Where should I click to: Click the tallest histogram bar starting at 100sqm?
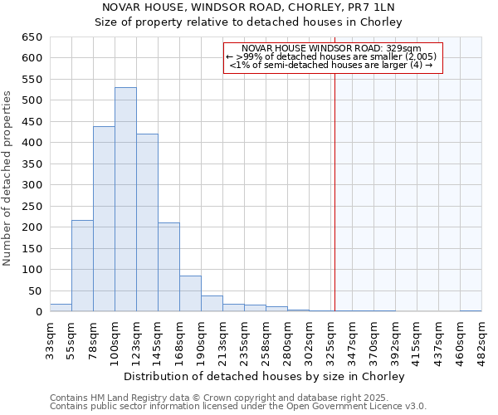click(125, 199)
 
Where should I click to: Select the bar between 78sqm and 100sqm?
click(104, 219)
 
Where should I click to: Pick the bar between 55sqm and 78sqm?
click(82, 266)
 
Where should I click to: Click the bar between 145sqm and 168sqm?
click(168, 267)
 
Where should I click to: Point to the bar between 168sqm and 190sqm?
click(190, 294)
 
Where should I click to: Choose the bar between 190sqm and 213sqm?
click(212, 304)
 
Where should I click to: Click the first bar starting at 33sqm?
click(61, 308)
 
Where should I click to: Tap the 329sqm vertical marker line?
click(334, 207)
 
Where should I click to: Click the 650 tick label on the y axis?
click(32, 37)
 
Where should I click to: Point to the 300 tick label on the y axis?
click(32, 185)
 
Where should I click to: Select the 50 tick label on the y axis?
click(35, 290)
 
